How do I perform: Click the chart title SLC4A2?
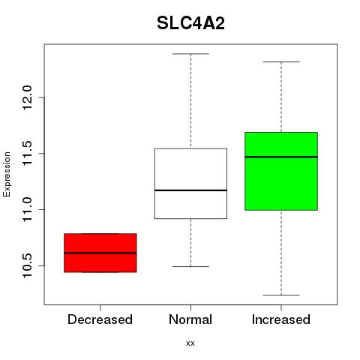(190, 23)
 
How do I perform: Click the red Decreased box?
(100, 253)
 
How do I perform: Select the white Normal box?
(190, 184)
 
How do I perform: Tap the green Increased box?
(281, 171)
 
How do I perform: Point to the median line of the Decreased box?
(100, 253)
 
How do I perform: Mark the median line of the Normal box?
(190, 190)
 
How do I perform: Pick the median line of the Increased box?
(281, 157)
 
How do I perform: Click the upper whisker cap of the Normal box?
(190, 54)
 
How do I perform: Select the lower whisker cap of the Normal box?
(190, 266)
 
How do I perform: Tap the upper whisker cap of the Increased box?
(281, 61)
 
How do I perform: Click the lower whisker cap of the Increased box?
(281, 295)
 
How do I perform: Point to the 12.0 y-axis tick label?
(27, 97)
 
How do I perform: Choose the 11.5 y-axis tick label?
(27, 153)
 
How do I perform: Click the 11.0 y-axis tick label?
(27, 209)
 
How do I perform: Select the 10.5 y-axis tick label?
(27, 265)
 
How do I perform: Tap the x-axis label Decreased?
(100, 319)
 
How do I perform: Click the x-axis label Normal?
(190, 319)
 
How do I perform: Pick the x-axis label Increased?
(281, 319)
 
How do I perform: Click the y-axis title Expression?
(7, 174)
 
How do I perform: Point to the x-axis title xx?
(190, 343)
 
